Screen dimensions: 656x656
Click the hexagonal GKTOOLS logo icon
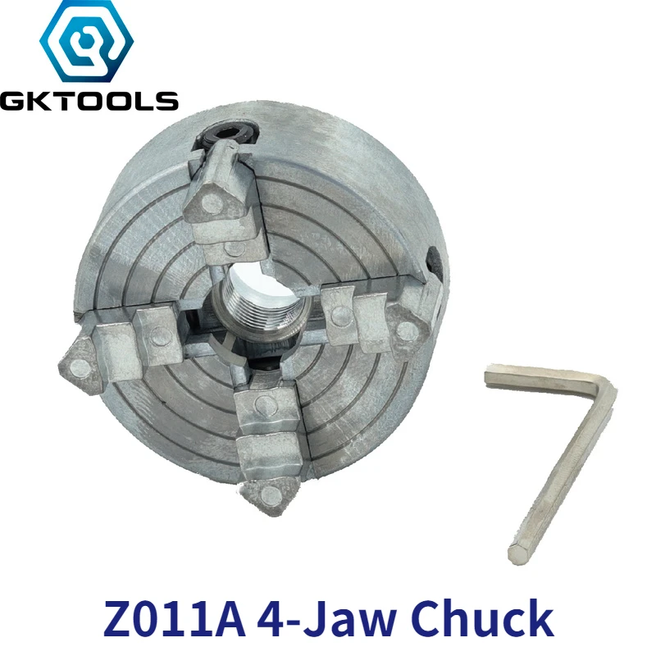[x=89, y=46]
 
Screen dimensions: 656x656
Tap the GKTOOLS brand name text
[x=89, y=102]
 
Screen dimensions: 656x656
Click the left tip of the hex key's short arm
[x=489, y=376]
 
